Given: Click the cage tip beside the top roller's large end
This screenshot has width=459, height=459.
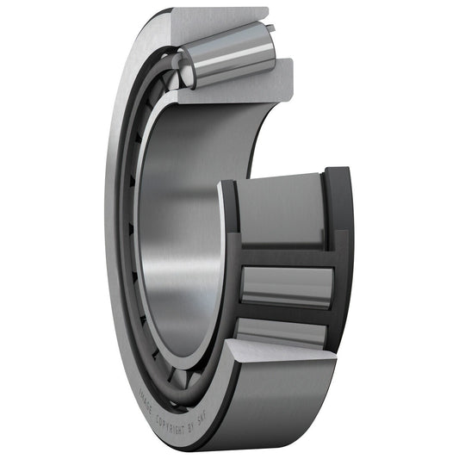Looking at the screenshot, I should (270, 29).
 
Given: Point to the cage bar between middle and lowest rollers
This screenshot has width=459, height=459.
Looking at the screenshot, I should (284, 311).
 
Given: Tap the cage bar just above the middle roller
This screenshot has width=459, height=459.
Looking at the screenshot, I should (284, 257).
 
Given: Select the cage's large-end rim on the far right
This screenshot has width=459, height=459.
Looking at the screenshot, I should (341, 258).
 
